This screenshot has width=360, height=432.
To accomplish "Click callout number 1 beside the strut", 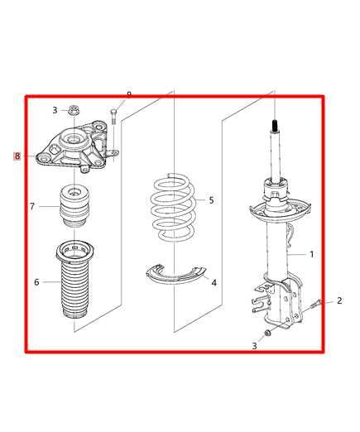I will [311, 254].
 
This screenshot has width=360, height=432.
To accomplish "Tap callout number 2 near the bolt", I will [338, 300].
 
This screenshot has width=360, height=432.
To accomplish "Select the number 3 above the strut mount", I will [55, 109].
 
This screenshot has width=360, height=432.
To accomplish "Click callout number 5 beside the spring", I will [36, 282].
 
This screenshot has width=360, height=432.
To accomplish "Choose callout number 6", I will [32, 206].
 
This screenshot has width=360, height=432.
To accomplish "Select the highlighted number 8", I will [128, 95].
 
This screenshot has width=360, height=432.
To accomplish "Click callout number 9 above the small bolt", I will [174, 207].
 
